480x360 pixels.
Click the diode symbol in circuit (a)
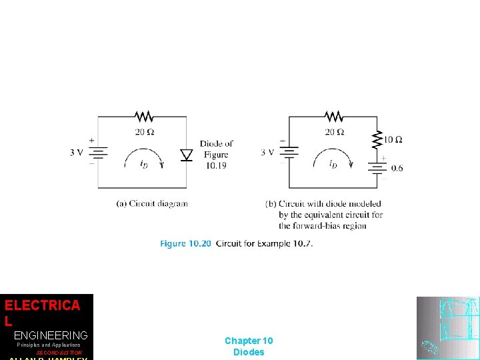(187, 155)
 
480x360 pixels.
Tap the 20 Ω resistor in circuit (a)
(144, 117)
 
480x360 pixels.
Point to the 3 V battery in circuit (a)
(99, 153)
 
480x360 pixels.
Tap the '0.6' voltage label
(397, 168)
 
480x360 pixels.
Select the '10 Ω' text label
(393, 139)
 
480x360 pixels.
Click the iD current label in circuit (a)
(144, 165)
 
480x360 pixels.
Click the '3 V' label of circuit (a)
(77, 152)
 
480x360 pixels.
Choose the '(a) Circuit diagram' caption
(152, 203)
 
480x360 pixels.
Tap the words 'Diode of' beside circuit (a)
(216, 143)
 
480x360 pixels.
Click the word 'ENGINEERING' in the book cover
(51, 335)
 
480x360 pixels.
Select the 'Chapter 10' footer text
(249, 341)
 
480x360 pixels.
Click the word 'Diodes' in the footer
(249, 352)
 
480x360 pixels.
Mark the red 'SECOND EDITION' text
(59, 353)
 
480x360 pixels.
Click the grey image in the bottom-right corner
(447, 328)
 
